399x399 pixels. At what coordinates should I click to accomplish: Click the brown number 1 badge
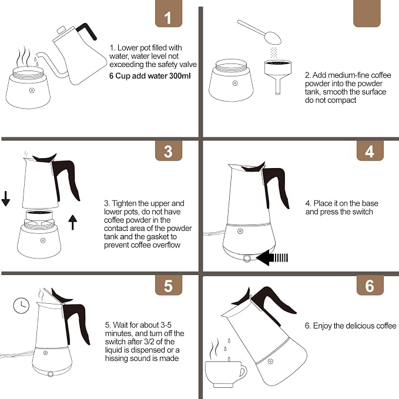coord(169,14)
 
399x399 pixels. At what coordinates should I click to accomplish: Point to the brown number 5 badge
coord(169,285)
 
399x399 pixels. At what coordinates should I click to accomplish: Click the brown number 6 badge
coord(370,285)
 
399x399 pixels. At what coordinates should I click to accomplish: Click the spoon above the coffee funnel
coord(260,32)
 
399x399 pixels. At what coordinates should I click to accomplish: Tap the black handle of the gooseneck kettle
coord(87,31)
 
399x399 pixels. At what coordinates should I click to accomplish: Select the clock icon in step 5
coord(21,306)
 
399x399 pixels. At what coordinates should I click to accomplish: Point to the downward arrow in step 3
coord(6,199)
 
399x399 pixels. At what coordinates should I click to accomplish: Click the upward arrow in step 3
coord(73,222)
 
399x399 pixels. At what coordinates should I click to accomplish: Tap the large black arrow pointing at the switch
coord(272,258)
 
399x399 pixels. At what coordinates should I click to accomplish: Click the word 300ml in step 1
coord(180,76)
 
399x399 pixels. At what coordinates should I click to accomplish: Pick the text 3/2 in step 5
coord(162,342)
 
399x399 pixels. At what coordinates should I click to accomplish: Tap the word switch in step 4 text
coord(361,212)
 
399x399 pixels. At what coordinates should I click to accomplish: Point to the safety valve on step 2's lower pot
coord(235,83)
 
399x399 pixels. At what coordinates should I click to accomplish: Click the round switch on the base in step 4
coord(247,259)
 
